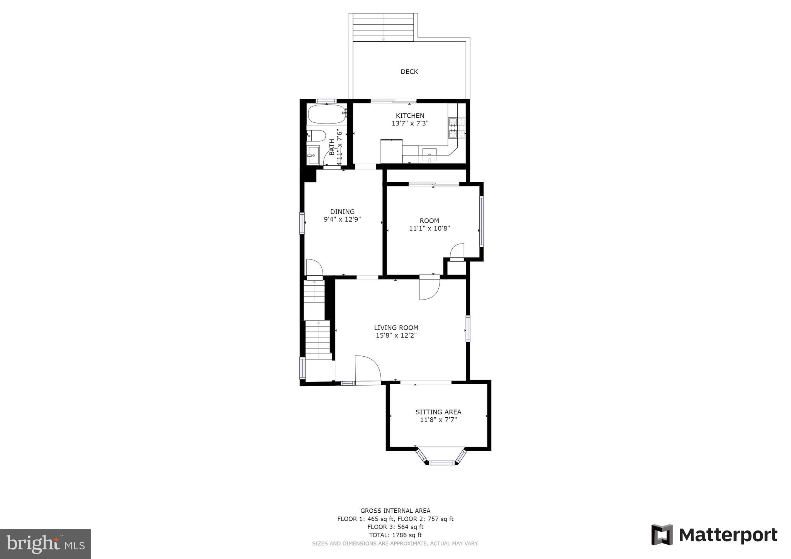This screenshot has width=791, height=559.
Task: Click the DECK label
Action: tap(409, 72)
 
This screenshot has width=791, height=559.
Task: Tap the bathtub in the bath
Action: tap(326, 114)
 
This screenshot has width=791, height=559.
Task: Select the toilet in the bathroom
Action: tap(317, 136)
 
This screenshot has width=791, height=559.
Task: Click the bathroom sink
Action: tap(313, 155)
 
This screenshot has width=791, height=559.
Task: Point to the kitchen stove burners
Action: tap(453, 128)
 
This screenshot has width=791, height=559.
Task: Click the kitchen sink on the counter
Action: tap(429, 155)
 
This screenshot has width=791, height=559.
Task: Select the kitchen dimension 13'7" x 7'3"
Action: tap(410, 124)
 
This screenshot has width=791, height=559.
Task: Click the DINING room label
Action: tap(342, 212)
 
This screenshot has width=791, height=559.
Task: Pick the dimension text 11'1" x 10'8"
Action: tap(429, 229)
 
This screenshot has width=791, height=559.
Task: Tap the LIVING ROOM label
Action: tap(396, 328)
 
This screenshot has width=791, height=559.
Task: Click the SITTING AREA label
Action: tap(438, 412)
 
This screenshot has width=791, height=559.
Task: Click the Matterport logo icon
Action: tap(662, 535)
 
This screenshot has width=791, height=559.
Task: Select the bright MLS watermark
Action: tap(45, 544)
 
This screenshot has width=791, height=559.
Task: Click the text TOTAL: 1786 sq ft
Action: tap(395, 535)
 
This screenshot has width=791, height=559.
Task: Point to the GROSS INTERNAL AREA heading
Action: tap(395, 511)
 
